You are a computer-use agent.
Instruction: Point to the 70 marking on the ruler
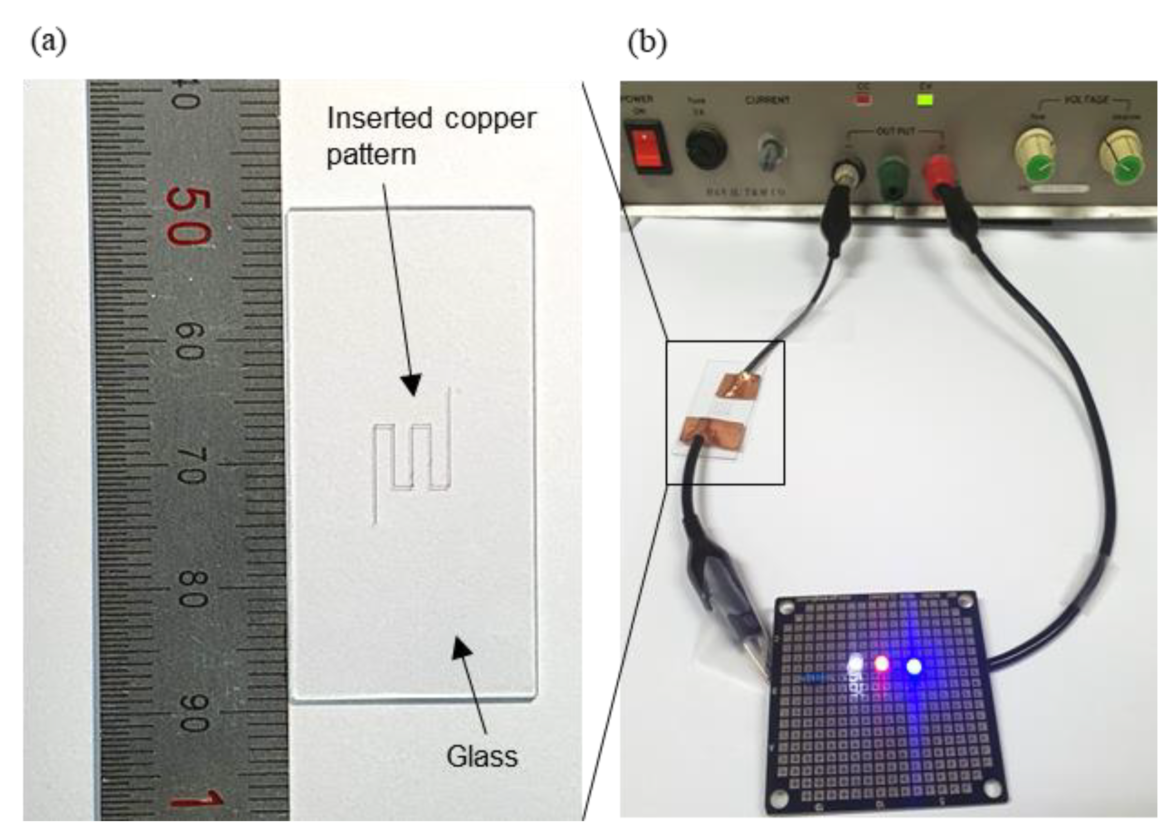pos(191,465)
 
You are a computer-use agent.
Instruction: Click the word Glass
pos(482,757)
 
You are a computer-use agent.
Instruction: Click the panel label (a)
pos(49,42)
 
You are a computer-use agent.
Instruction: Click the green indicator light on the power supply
pos(925,99)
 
